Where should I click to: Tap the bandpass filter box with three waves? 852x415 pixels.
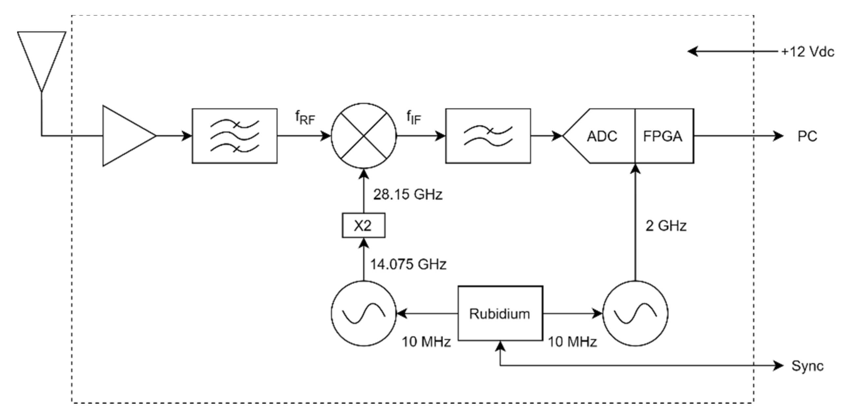click(x=234, y=136)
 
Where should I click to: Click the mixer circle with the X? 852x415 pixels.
click(x=363, y=136)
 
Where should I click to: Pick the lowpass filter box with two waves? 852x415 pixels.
click(x=488, y=136)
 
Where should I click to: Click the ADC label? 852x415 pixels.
click(x=602, y=136)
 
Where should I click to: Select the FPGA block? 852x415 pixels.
click(x=663, y=136)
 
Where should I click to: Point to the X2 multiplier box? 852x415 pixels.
click(x=363, y=225)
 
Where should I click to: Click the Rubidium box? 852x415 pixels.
click(x=500, y=313)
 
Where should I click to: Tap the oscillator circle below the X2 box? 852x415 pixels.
click(x=363, y=313)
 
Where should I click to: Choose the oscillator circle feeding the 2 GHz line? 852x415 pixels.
click(x=635, y=313)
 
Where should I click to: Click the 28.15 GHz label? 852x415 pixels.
click(x=407, y=195)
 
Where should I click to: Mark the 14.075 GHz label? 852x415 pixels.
click(x=408, y=264)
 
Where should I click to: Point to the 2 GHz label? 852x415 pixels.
click(x=666, y=226)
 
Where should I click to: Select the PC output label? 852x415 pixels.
click(x=807, y=136)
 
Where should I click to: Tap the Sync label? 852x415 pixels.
click(x=807, y=366)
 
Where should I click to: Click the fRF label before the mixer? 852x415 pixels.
click(x=305, y=118)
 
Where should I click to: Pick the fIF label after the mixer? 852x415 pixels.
click(x=414, y=118)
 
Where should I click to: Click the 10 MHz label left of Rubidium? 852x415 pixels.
click(x=426, y=342)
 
